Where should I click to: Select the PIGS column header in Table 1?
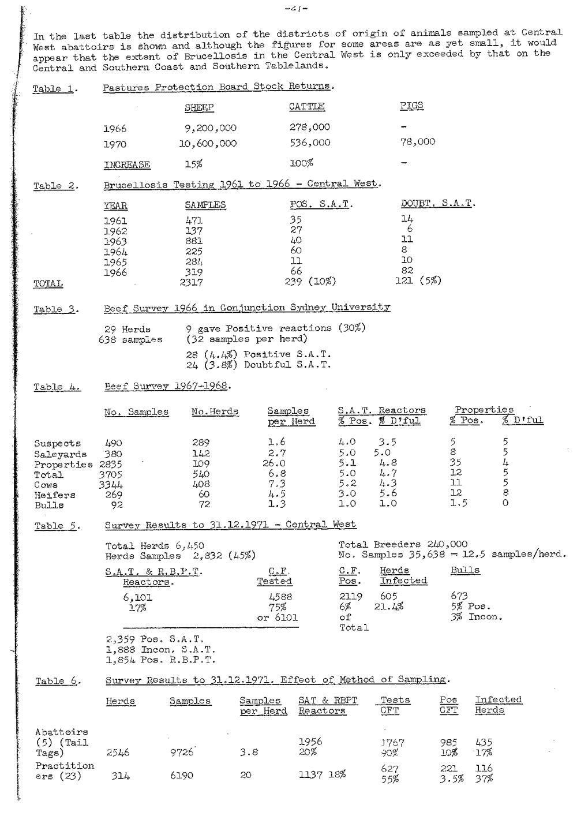(x=411, y=106)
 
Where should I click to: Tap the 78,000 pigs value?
(x=418, y=142)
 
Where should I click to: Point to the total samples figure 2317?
(x=191, y=283)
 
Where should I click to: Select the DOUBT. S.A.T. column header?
(x=438, y=204)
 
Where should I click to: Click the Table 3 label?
(x=55, y=309)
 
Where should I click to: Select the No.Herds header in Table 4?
(x=215, y=412)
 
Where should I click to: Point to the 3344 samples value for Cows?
(x=111, y=485)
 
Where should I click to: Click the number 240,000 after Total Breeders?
(x=447, y=544)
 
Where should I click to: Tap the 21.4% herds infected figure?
(x=388, y=607)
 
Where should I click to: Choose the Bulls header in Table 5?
(x=465, y=570)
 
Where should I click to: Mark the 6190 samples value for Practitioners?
(x=182, y=776)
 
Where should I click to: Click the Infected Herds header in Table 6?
(x=498, y=705)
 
